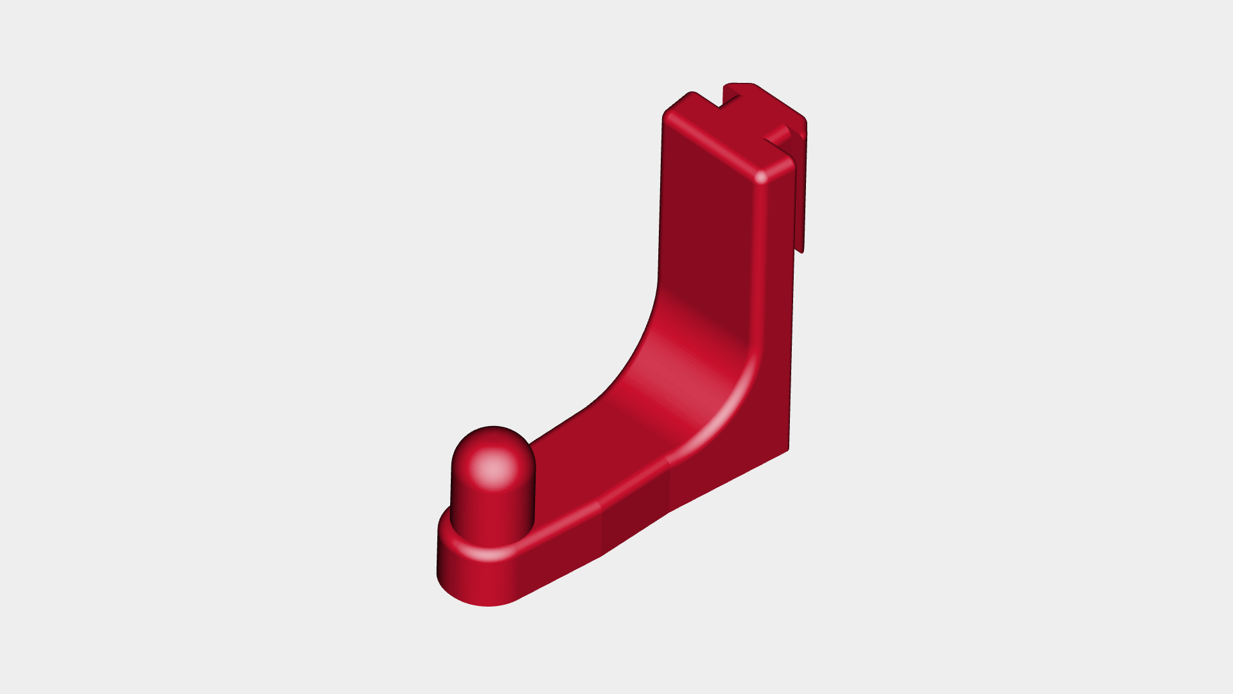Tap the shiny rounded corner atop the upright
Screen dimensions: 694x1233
[762, 177]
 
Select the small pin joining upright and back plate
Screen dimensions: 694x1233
[778, 134]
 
